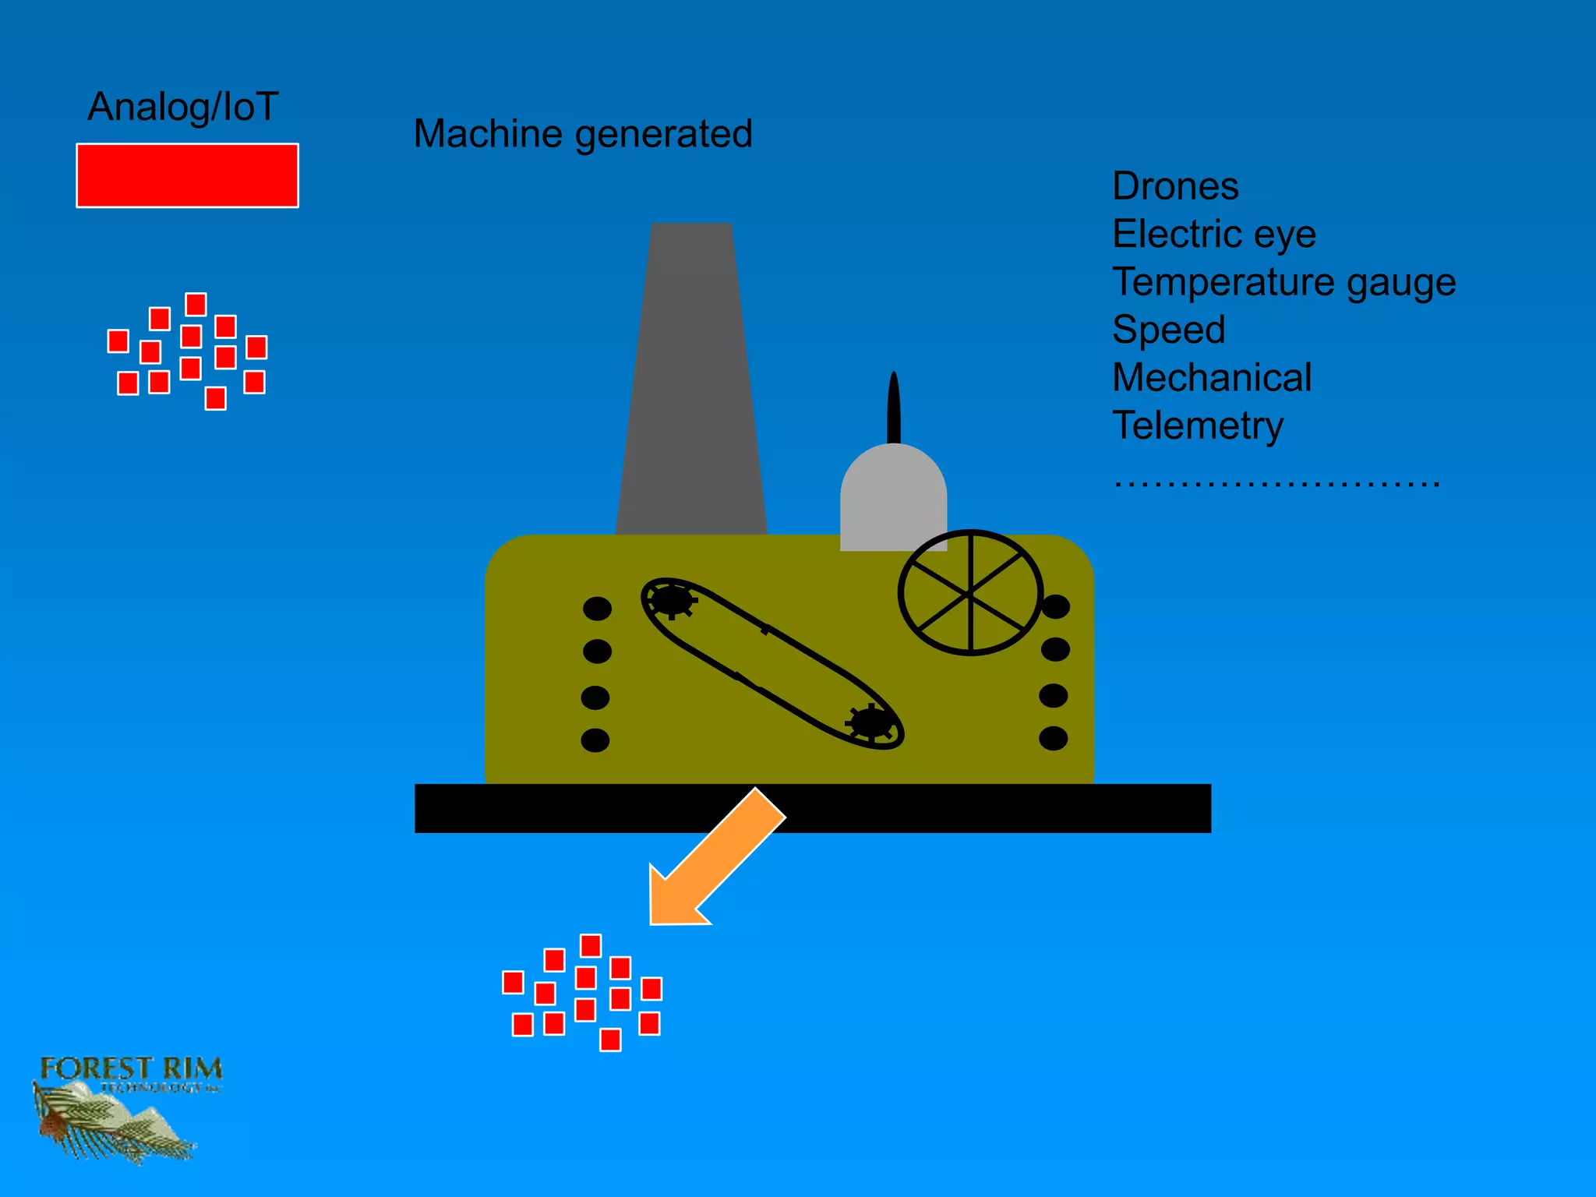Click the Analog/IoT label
click(182, 108)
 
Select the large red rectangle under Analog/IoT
click(187, 175)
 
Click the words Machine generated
click(582, 134)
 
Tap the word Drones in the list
click(1174, 186)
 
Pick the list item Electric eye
click(1213, 234)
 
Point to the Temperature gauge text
click(1283, 282)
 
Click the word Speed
click(1168, 330)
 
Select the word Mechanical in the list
click(1211, 378)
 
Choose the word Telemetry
click(1197, 425)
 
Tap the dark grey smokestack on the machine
click(691, 390)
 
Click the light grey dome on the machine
click(893, 499)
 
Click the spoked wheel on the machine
click(970, 593)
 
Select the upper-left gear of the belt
click(671, 601)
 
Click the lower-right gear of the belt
click(870, 722)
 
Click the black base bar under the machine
click(974, 808)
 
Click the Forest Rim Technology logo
click(125, 1107)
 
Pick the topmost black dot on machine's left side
click(597, 609)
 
